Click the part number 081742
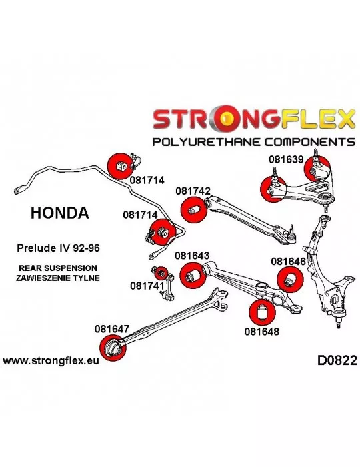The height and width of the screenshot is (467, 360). [193, 191]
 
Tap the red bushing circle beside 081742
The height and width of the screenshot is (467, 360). [194, 209]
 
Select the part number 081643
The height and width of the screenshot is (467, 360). [192, 256]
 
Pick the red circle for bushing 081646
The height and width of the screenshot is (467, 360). [290, 280]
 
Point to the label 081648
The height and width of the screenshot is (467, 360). [262, 331]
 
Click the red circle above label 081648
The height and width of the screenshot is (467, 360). [262, 312]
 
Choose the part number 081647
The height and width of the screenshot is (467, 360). [112, 329]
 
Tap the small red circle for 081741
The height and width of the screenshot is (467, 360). [161, 273]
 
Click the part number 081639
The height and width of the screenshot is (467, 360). [286, 159]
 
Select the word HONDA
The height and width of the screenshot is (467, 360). [60, 213]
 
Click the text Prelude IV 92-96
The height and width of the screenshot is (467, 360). [58, 248]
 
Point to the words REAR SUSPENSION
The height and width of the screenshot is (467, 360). [58, 268]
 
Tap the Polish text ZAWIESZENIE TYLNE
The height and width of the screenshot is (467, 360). [58, 278]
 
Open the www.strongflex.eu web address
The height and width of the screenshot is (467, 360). [51, 361]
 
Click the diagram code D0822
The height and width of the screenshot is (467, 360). [337, 360]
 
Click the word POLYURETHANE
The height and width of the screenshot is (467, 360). [207, 141]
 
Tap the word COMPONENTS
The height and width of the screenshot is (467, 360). [310, 141]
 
